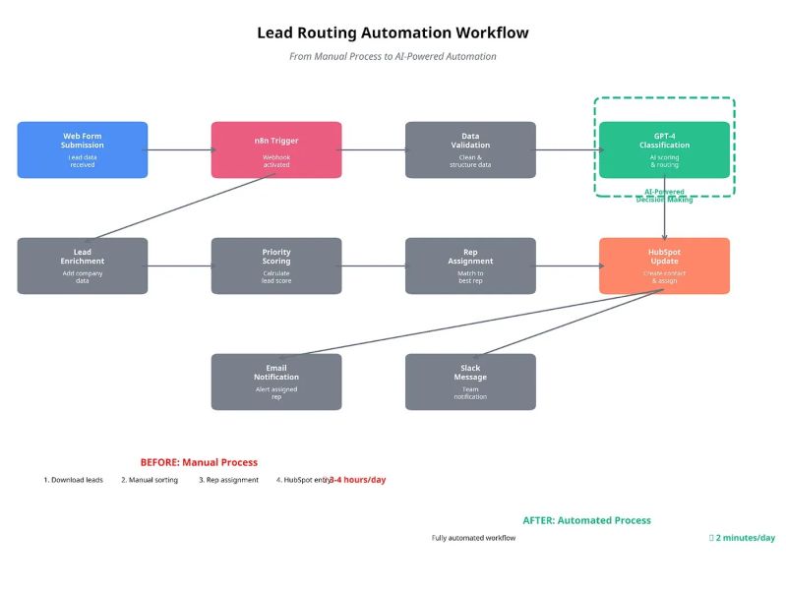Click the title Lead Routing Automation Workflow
[x=393, y=32]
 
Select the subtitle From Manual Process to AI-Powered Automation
[x=393, y=57]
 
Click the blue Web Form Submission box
[x=83, y=149]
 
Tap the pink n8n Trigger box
[x=276, y=149]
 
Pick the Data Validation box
[x=470, y=149]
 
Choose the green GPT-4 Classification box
[x=664, y=149]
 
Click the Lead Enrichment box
[x=83, y=265]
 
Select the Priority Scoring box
[x=276, y=265]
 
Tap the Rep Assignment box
[x=470, y=265]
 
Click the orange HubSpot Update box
[x=664, y=265]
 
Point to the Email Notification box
[x=276, y=382]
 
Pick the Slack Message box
[x=470, y=382]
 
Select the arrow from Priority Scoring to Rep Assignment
[x=374, y=266]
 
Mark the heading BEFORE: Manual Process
[x=199, y=462]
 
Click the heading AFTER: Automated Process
[x=586, y=520]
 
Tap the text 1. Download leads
[x=74, y=480]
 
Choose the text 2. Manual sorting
[x=150, y=480]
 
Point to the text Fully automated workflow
[x=473, y=538]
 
